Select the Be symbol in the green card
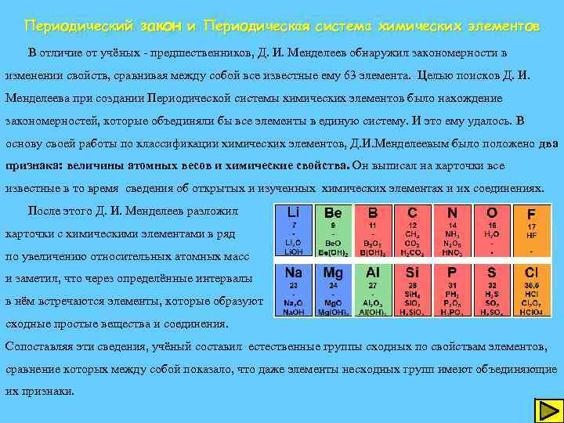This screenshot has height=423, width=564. pos(332,213)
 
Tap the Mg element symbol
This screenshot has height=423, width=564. pos(332,273)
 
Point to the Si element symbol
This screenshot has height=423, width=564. pos(412,273)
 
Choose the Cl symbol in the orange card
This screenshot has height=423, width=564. pos(531,273)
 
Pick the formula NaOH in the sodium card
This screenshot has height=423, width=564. pos(295,311)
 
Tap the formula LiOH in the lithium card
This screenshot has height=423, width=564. pos(295,252)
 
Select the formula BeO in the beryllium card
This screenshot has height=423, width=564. pos(333,243)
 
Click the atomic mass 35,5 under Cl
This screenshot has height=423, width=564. pos(531,286)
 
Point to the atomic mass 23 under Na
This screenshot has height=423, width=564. pos(293,286)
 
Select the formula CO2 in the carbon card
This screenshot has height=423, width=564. pos(412,243)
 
